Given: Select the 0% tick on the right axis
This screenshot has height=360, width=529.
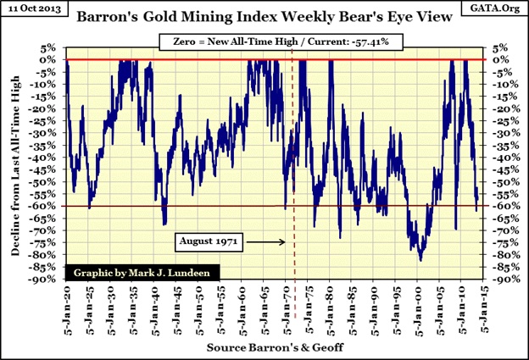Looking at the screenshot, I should (498, 59).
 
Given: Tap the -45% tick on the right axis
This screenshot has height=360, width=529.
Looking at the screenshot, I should (500, 169).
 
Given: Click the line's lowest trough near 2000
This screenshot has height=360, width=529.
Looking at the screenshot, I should (420, 259).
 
